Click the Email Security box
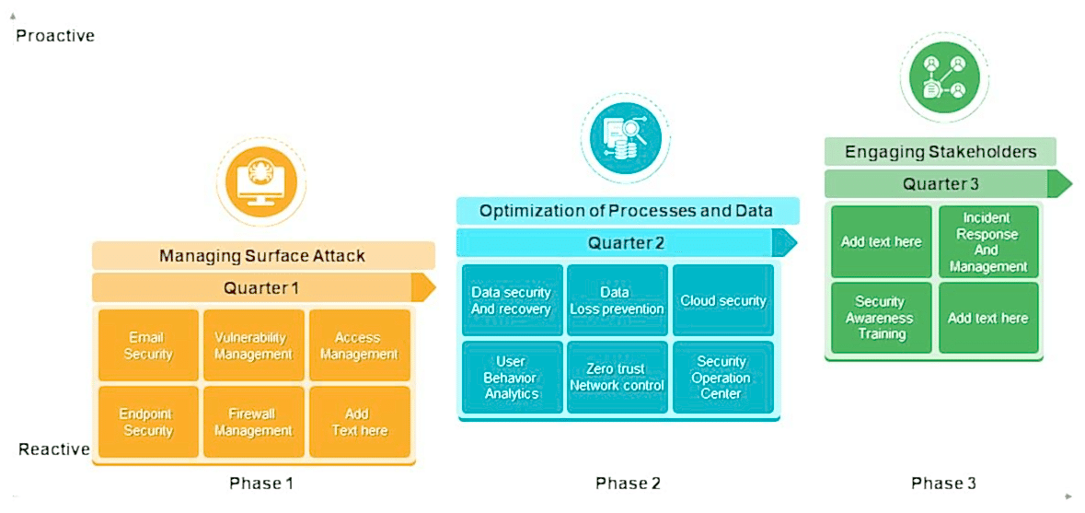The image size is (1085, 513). point(148,345)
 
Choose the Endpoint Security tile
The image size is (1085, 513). point(148,422)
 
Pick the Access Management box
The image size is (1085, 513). point(359,345)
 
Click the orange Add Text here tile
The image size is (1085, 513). point(359,422)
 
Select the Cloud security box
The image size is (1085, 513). point(723,300)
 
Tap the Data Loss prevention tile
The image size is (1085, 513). point(617,300)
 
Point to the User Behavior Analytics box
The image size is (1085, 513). point(511,378)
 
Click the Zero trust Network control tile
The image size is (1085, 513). point(617,378)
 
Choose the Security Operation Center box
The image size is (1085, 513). point(723,378)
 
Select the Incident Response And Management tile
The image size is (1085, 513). point(988,242)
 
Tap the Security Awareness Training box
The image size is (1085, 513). point(882,318)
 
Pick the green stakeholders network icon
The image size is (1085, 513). point(943,76)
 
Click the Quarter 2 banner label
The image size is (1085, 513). point(626,243)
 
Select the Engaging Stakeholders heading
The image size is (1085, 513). point(940,152)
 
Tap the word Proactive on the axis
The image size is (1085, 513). point(55,36)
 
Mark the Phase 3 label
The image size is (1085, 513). point(943,483)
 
